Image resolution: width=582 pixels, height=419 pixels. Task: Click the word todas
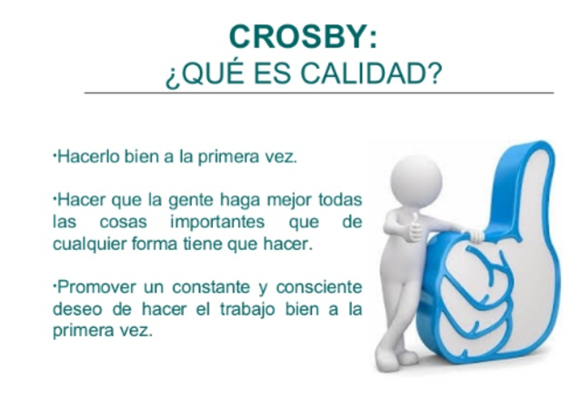click(342, 198)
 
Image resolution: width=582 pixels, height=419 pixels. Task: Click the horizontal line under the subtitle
click(318, 93)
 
